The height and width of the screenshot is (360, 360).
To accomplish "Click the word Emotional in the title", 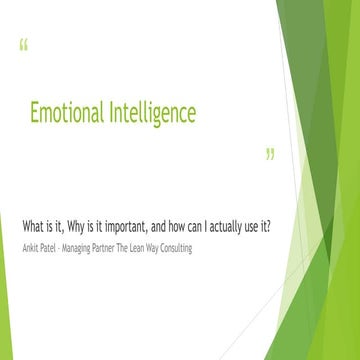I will (x=65, y=113).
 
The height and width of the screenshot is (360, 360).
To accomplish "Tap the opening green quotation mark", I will (x=23, y=45).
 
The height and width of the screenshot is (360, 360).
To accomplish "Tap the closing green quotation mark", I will (x=269, y=155).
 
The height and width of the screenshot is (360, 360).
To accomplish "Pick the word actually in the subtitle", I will (x=226, y=224).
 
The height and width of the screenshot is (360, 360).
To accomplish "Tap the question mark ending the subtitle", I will (x=270, y=224).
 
